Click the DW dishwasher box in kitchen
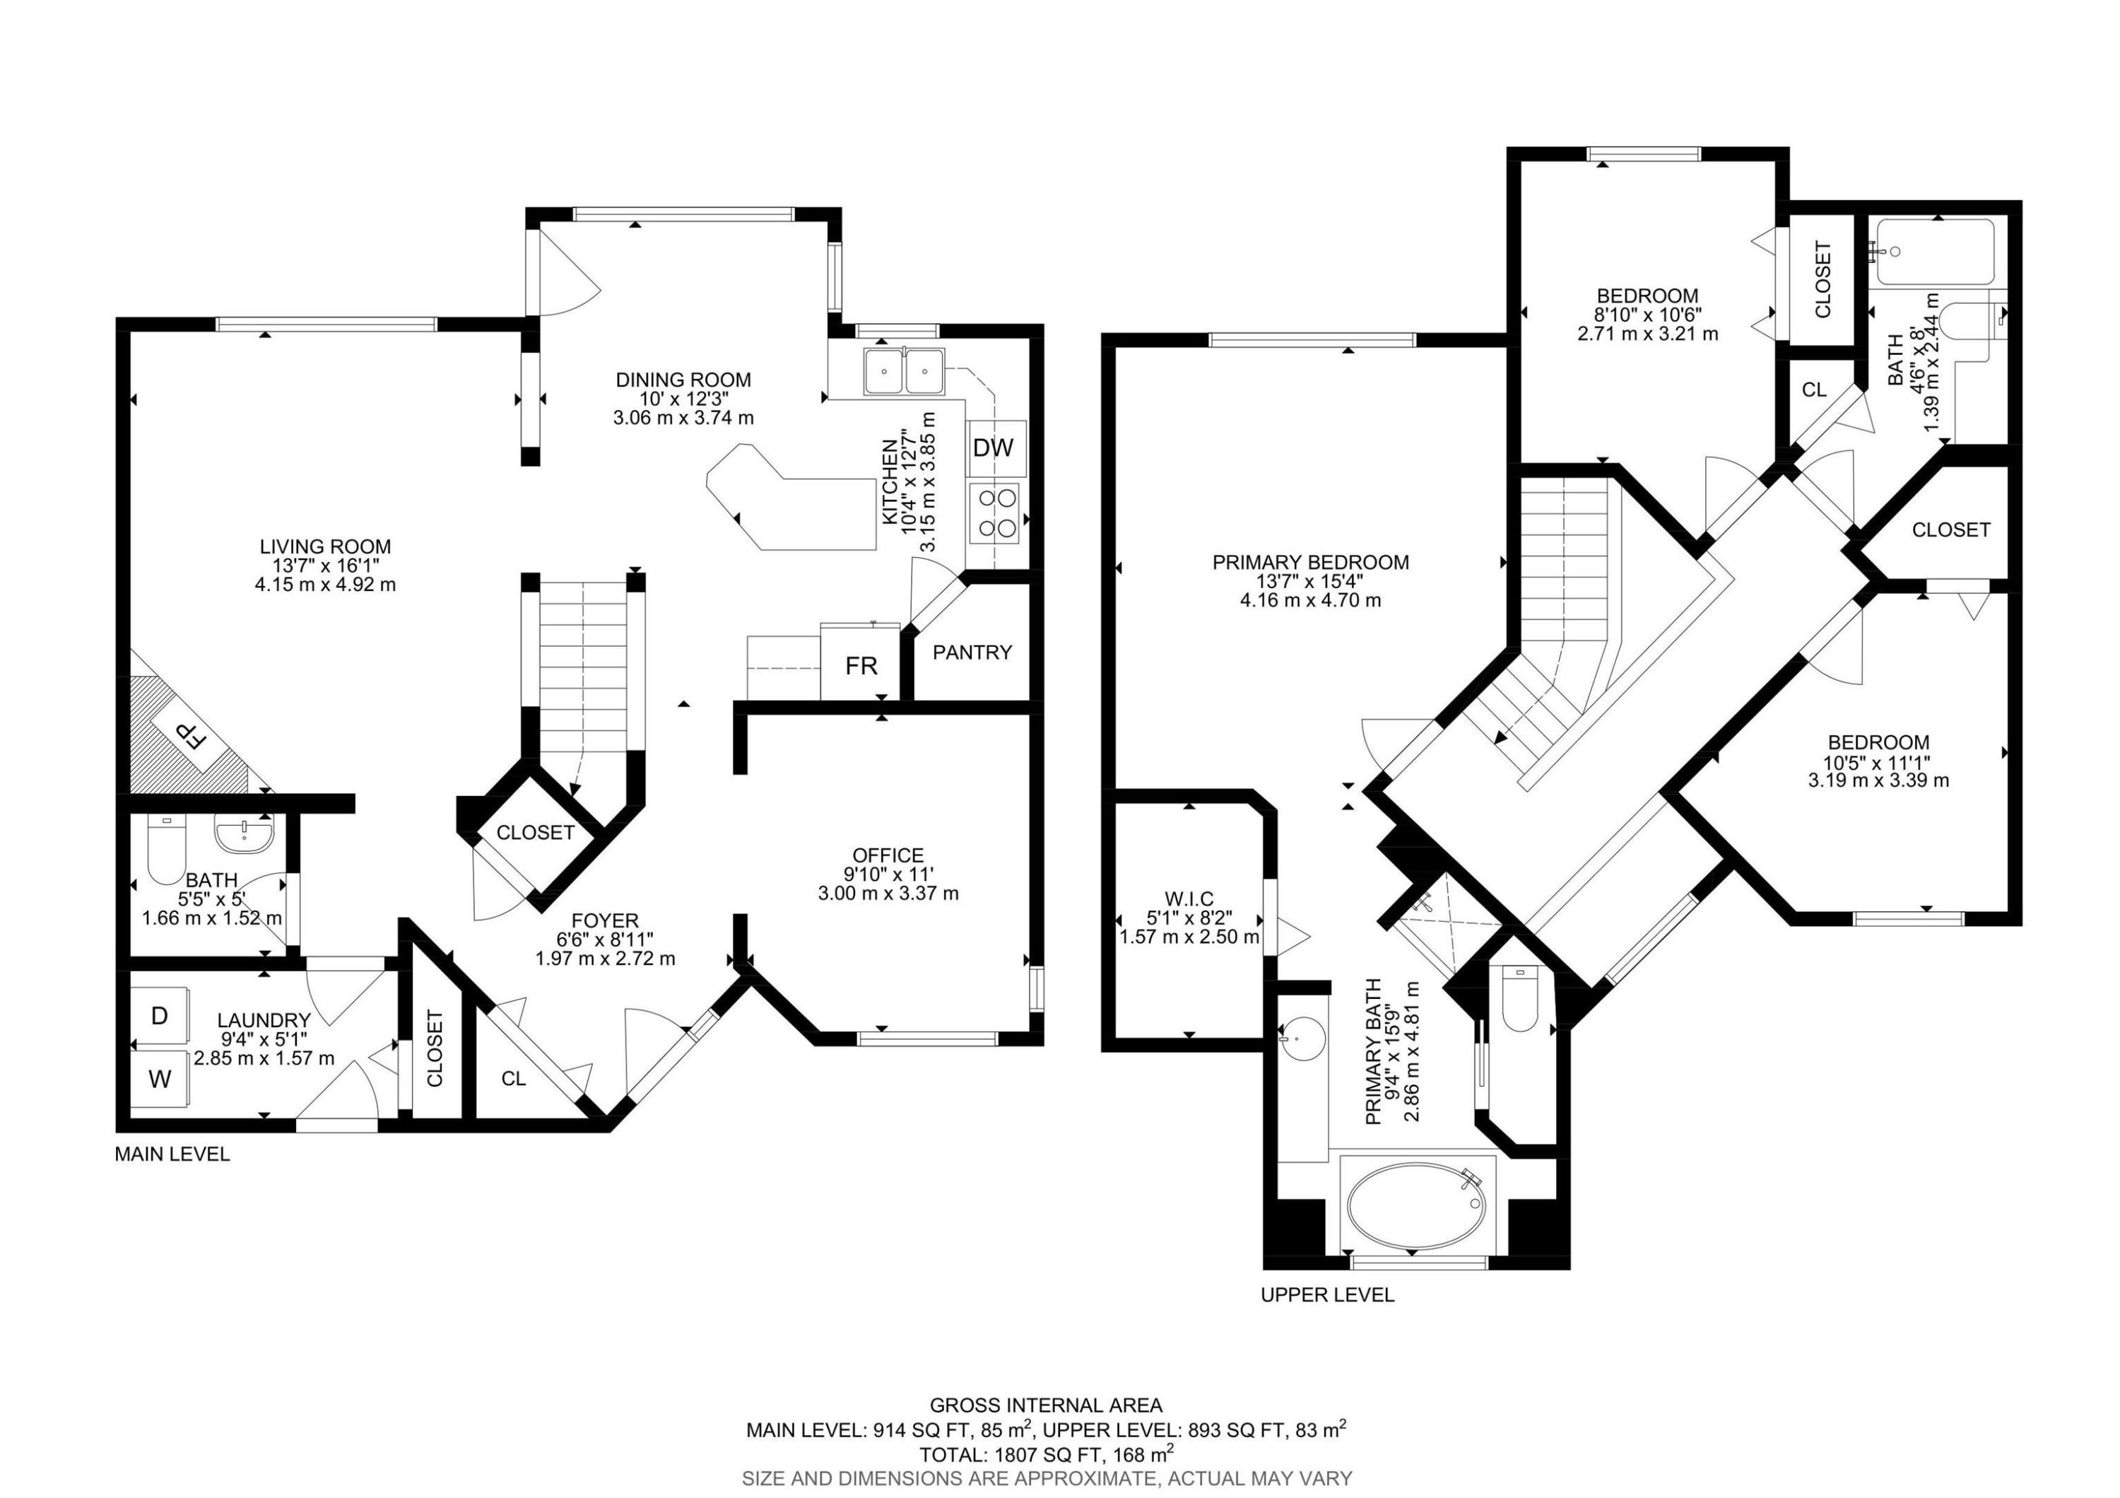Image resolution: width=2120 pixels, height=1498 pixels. coord(994,448)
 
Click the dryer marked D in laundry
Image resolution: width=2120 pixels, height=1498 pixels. coord(160,1016)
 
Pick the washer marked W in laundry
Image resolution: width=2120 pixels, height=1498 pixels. coord(160,1079)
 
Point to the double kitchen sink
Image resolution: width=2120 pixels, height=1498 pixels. coord(904,371)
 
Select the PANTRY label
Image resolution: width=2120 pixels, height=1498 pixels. coord(972,652)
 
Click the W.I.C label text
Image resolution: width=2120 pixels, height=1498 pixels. coord(1189,899)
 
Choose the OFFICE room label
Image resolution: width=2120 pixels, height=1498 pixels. coord(888,855)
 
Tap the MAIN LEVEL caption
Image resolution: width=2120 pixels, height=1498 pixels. coord(172,1154)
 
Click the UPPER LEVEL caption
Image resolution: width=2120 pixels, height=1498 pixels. coord(1327,1295)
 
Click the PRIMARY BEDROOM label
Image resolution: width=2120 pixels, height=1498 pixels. coord(1310,561)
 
